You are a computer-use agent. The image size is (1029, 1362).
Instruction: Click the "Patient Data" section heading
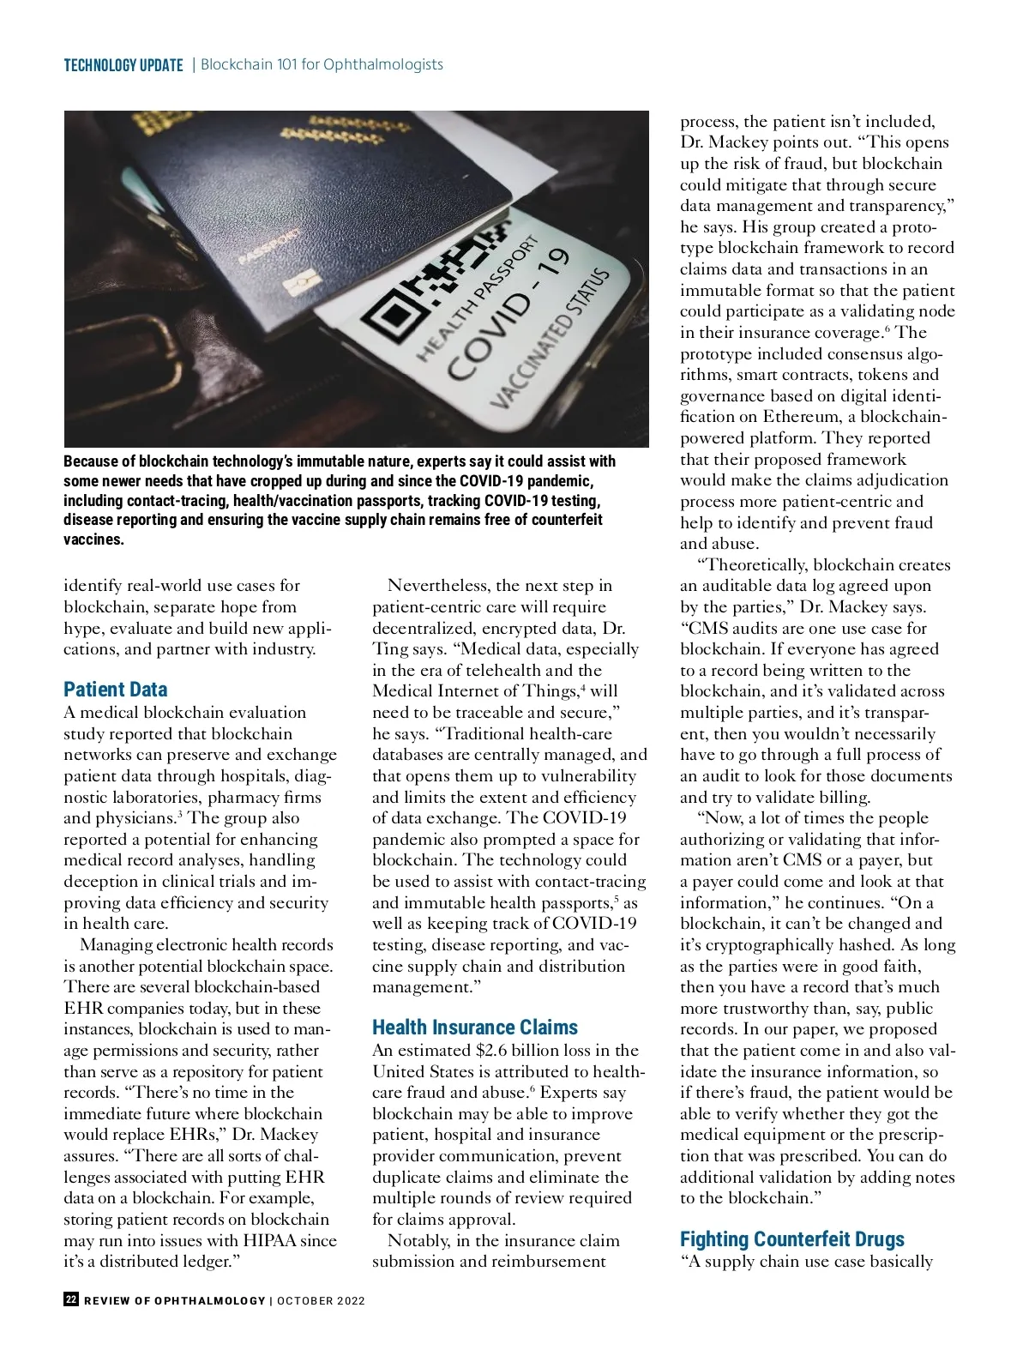tap(115, 690)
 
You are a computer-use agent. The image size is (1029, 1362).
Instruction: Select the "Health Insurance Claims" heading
tap(474, 1028)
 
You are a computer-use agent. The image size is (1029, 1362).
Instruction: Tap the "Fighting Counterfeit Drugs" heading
tap(791, 1239)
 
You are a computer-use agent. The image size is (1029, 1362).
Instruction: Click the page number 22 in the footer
tap(71, 1299)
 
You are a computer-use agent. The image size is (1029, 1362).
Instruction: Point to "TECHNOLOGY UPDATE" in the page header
tap(123, 65)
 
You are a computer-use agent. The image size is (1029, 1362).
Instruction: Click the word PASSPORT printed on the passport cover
tap(268, 246)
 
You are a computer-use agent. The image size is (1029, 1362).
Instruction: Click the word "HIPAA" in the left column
tap(269, 1240)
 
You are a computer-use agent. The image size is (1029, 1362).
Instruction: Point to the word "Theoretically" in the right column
tap(755, 565)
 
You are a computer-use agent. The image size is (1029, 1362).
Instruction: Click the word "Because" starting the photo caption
tap(99, 461)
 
